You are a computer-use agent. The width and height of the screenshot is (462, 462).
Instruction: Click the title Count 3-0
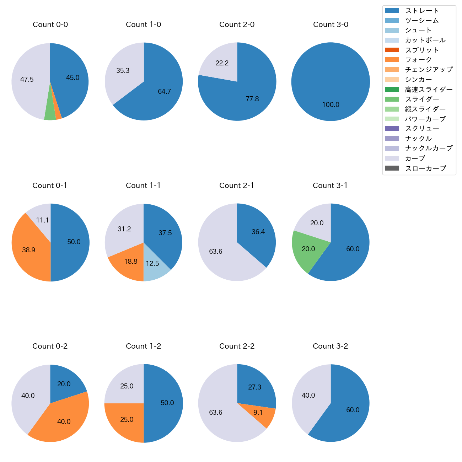tap(331, 25)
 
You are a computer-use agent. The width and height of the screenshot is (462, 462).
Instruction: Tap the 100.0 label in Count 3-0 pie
tap(331, 105)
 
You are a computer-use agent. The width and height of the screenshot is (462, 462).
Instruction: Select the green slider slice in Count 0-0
tap(50, 114)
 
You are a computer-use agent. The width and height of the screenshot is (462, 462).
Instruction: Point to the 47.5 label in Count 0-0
tap(27, 80)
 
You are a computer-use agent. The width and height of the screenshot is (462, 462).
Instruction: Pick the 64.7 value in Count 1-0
tap(164, 92)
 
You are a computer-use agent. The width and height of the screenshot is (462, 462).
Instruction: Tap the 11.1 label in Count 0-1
tap(42, 220)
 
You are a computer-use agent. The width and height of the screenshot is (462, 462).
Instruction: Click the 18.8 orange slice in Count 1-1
tap(131, 262)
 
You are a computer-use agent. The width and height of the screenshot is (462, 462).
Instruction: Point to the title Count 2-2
tap(237, 346)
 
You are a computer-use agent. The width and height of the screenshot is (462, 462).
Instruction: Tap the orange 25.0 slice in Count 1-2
tap(127, 420)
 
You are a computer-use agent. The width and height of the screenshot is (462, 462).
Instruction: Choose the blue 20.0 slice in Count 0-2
tap(64, 384)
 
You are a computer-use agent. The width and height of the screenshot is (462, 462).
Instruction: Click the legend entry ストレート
tap(422, 11)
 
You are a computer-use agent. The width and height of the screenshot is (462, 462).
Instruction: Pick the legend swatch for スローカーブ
tap(392, 168)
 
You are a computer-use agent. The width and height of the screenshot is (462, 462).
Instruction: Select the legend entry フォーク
tap(418, 60)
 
